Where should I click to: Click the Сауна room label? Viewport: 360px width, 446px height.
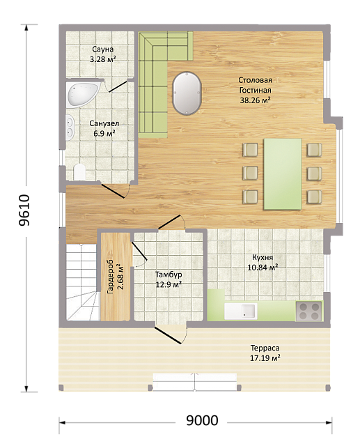102,49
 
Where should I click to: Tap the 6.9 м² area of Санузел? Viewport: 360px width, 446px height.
104,133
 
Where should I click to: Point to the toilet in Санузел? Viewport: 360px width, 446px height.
79,172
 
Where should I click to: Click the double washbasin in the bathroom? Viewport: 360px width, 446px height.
70,127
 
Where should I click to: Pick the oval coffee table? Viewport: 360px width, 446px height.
187,93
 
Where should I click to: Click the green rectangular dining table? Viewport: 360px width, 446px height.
283,174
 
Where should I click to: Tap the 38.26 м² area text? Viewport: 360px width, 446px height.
255,100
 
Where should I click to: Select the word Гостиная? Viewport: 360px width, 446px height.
255,90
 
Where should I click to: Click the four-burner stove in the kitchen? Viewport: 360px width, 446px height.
308,312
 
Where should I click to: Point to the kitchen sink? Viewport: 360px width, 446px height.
241,312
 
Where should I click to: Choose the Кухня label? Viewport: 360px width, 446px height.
263,257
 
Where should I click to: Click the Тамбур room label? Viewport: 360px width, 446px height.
169,275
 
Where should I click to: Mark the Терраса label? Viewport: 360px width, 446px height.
265,348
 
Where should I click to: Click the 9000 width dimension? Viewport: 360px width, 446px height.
202,420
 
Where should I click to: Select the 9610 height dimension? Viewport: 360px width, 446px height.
24,210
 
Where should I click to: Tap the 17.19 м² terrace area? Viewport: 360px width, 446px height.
265,357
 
